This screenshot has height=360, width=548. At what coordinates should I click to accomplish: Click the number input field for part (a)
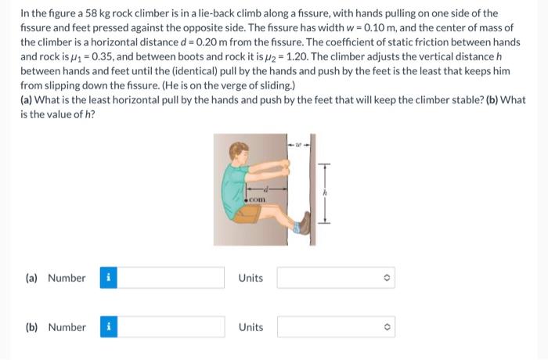(171, 278)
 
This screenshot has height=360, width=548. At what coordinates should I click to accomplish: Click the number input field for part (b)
(171, 327)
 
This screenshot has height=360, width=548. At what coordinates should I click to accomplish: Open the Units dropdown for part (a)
(336, 278)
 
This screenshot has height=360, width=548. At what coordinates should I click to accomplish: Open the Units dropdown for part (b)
(336, 327)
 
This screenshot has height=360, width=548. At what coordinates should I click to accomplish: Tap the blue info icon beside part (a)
(108, 278)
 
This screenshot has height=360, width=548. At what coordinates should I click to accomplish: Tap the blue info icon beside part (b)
(109, 327)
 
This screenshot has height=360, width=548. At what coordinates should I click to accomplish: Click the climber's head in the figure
(239, 153)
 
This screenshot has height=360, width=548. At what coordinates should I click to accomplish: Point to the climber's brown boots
(305, 223)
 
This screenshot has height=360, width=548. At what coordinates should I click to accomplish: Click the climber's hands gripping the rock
(285, 167)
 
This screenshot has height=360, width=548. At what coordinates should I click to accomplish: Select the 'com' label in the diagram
(258, 200)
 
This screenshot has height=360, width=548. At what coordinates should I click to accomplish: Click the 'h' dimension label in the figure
(324, 193)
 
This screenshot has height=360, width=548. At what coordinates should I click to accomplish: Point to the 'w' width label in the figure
(298, 144)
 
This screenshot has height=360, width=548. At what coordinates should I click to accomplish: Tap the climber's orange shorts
(247, 214)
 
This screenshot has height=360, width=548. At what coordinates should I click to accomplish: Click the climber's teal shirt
(234, 190)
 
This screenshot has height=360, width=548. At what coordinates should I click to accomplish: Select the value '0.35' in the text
(103, 56)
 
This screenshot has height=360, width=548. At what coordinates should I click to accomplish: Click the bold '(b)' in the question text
(492, 100)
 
